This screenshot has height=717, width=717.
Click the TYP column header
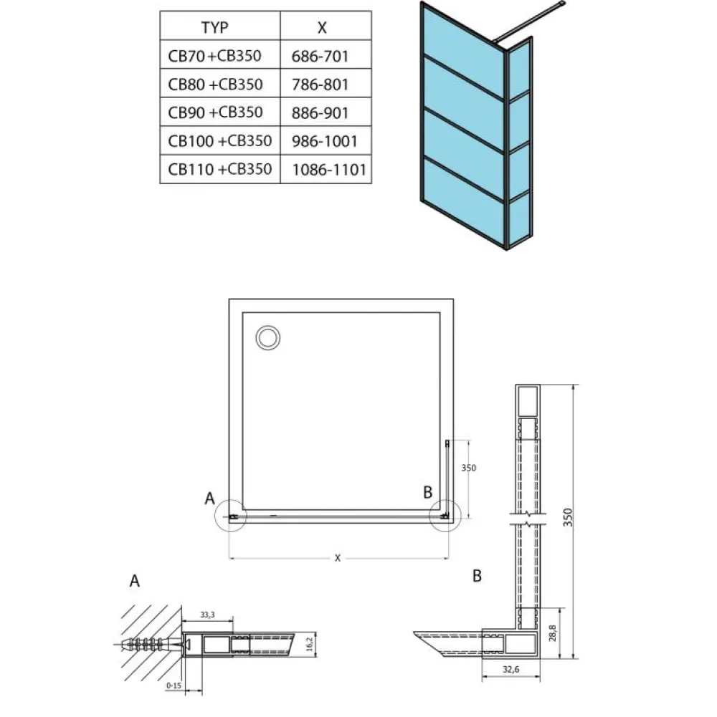(x=214, y=27)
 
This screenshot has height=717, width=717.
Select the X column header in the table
(x=322, y=28)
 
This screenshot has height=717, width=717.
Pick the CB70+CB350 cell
(x=214, y=56)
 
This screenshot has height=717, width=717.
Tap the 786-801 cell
(x=320, y=85)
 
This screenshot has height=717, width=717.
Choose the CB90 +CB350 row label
(x=216, y=112)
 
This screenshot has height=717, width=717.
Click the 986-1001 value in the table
(x=325, y=141)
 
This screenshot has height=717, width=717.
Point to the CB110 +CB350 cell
(x=220, y=169)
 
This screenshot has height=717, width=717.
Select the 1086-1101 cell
(x=329, y=170)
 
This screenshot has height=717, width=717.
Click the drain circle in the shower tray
(x=268, y=338)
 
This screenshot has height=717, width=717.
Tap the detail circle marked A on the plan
(x=215, y=516)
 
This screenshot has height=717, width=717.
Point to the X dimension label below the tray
(x=338, y=558)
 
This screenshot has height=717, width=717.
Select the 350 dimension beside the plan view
(x=468, y=468)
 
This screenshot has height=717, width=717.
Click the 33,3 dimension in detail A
(x=207, y=615)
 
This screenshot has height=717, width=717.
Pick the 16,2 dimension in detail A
(x=310, y=644)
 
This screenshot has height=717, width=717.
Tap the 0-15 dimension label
(x=174, y=685)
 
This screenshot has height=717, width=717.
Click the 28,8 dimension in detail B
(x=553, y=633)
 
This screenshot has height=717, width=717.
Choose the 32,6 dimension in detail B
(x=511, y=670)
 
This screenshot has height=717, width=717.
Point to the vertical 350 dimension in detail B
(x=568, y=517)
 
